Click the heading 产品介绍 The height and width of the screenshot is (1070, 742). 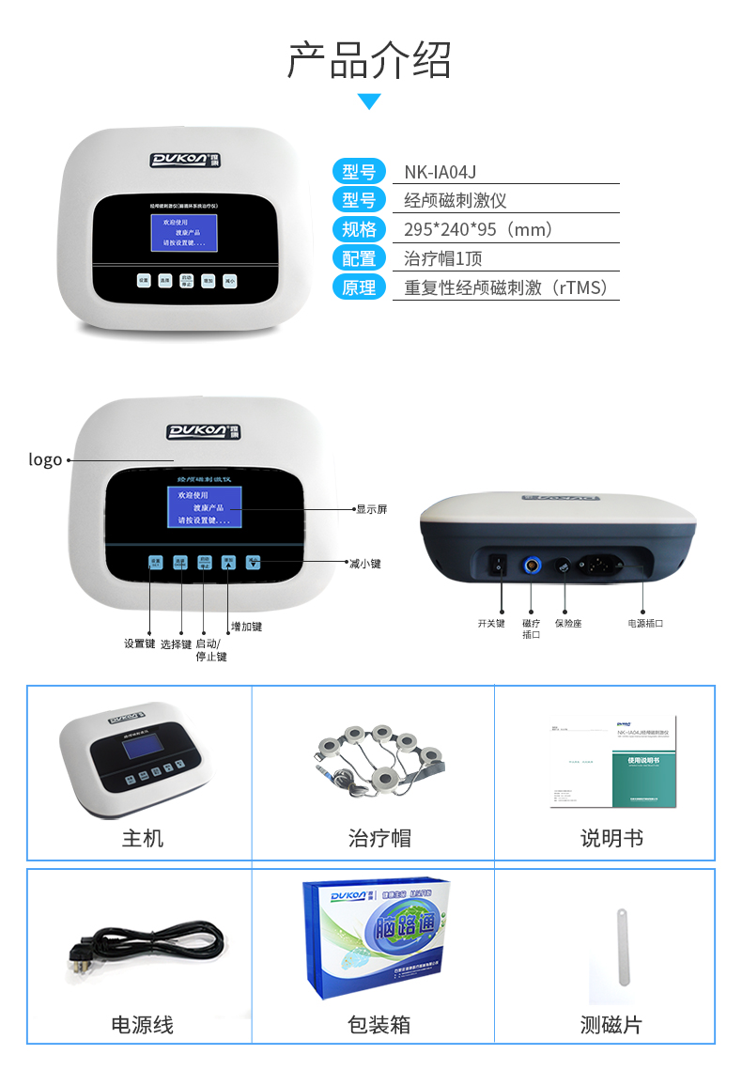[369, 60]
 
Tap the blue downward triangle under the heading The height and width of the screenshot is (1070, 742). [369, 101]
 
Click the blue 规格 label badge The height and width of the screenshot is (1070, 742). [359, 229]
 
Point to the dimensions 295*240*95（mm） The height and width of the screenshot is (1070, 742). [478, 229]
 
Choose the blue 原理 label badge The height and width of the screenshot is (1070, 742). [359, 287]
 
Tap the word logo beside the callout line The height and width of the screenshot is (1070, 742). [45, 459]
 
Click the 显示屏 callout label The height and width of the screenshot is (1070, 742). [371, 509]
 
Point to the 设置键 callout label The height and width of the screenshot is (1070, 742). [139, 644]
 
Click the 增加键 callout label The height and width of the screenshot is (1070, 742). [246, 627]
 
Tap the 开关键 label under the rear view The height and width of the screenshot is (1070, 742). [491, 623]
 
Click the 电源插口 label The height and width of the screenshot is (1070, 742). [645, 623]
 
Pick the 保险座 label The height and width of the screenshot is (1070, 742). [567, 623]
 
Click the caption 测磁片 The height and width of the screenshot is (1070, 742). [611, 1025]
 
